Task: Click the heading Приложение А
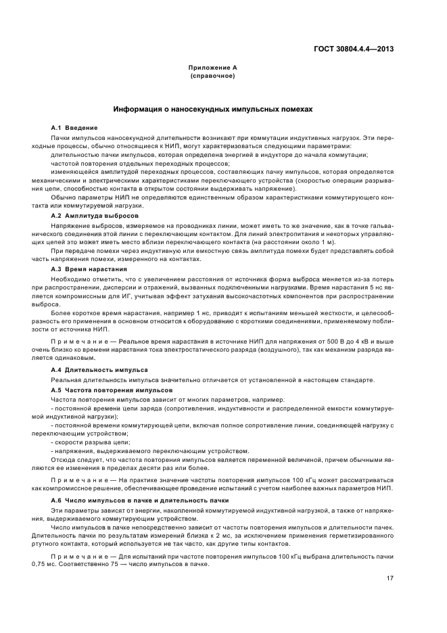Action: click(x=212, y=68)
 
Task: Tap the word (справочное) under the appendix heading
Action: click(x=212, y=76)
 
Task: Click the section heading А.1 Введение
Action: click(x=74, y=128)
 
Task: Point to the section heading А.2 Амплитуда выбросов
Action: click(x=95, y=214)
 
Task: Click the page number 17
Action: click(x=390, y=578)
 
